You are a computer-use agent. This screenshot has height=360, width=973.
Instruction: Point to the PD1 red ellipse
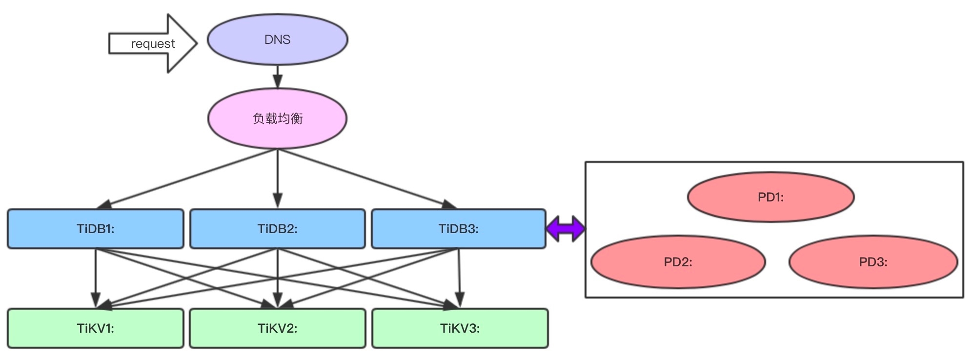click(x=732, y=197)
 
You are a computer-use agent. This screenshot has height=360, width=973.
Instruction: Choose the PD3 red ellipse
click(x=830, y=262)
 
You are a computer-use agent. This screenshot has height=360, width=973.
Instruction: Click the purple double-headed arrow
click(x=565, y=228)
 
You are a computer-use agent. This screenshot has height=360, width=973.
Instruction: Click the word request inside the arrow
click(x=153, y=43)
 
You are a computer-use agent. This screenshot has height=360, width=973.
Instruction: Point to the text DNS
click(x=277, y=40)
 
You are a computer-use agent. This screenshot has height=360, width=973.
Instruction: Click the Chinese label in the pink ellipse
click(x=278, y=119)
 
